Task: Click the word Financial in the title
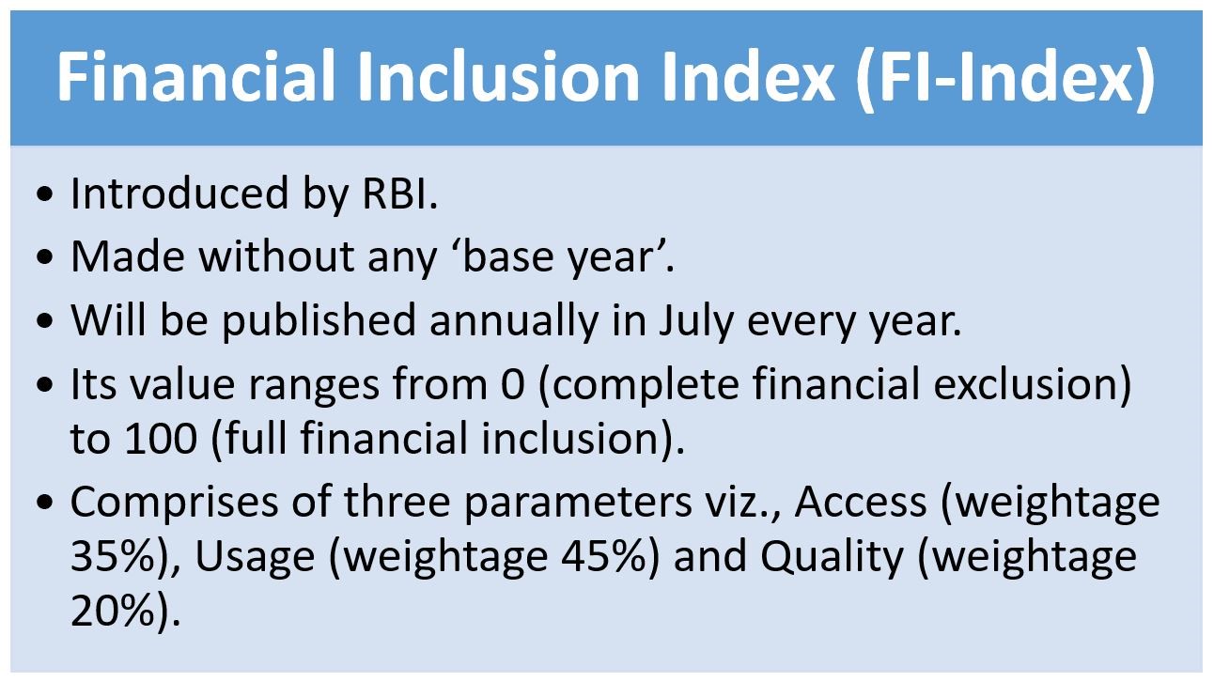click(195, 76)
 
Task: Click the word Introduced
click(179, 194)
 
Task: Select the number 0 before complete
click(513, 384)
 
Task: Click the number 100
click(161, 439)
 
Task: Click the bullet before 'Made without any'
click(45, 256)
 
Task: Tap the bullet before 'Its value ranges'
click(45, 384)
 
